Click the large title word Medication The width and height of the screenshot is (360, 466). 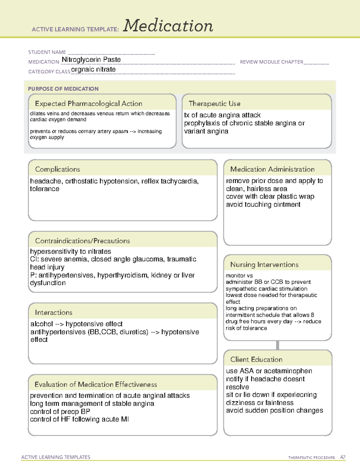point(168,26)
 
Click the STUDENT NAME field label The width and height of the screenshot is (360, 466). point(47,52)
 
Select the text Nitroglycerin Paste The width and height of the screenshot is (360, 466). point(91,60)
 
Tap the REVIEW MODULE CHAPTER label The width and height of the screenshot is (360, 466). point(271,62)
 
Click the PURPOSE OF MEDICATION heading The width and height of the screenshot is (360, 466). point(63,89)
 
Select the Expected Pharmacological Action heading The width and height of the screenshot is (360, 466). point(88,104)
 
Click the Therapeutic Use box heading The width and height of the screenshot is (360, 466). point(214,104)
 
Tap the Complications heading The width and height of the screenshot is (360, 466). point(57,169)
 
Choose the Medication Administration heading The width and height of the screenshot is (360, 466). point(272,169)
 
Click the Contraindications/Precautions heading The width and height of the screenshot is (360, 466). point(82,241)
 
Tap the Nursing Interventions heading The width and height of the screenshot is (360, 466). point(264,265)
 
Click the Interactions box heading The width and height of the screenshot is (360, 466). point(54,313)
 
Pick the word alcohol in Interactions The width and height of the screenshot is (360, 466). point(42,324)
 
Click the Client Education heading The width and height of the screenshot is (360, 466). point(256,359)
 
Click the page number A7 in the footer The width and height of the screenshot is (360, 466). point(343,457)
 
